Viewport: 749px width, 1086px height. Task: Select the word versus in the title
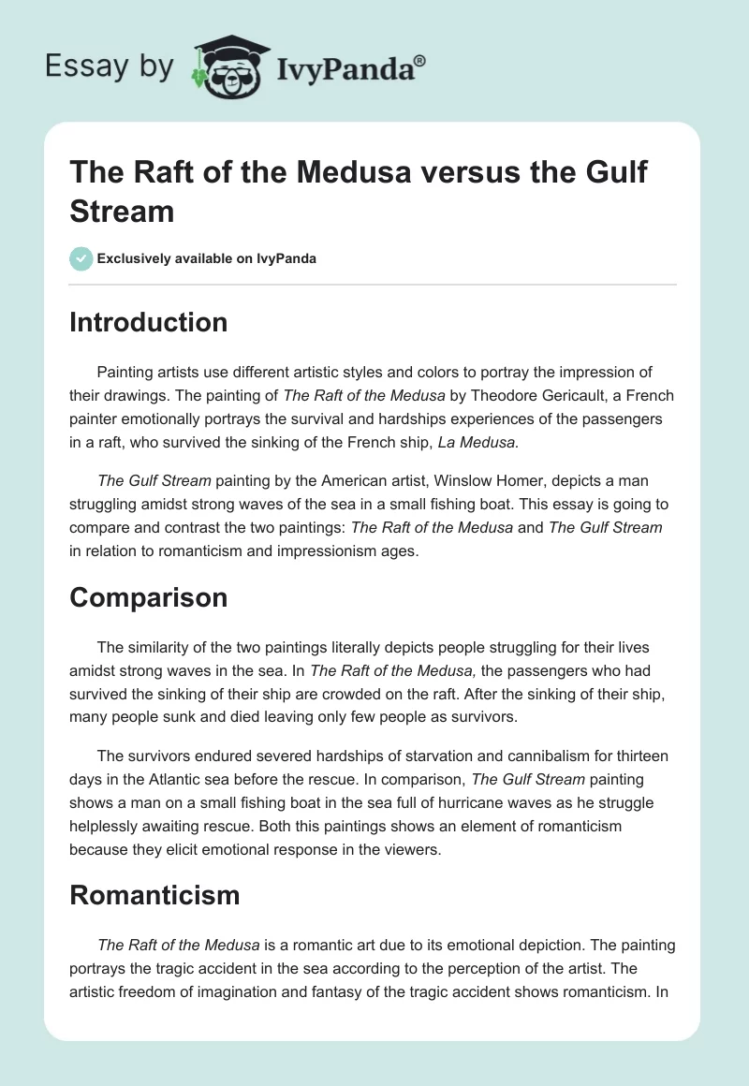[420, 173]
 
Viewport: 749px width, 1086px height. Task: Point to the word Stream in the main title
[123, 211]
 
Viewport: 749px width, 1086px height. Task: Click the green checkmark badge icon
[81, 258]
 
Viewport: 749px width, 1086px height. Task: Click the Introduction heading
[149, 322]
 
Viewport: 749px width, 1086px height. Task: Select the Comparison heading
[149, 597]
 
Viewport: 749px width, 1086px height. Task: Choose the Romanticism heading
[154, 895]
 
